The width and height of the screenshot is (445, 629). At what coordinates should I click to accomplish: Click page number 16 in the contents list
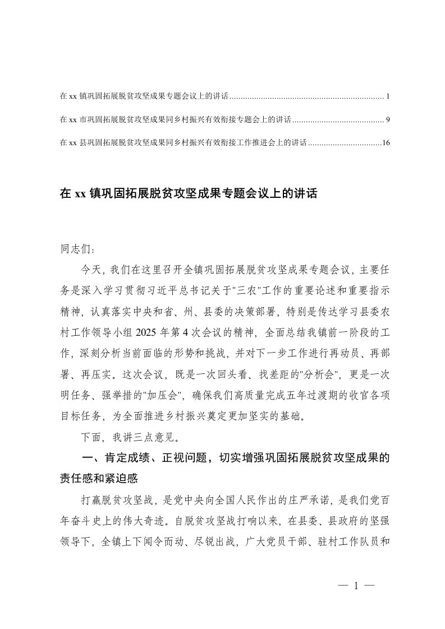click(x=386, y=143)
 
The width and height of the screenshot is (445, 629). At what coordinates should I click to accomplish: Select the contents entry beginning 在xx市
click(x=175, y=120)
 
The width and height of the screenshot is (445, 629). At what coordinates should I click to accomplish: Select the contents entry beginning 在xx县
click(x=182, y=143)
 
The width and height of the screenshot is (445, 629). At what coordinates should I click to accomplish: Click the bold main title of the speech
click(x=189, y=195)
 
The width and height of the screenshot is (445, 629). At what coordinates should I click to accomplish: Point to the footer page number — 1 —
click(x=356, y=586)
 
